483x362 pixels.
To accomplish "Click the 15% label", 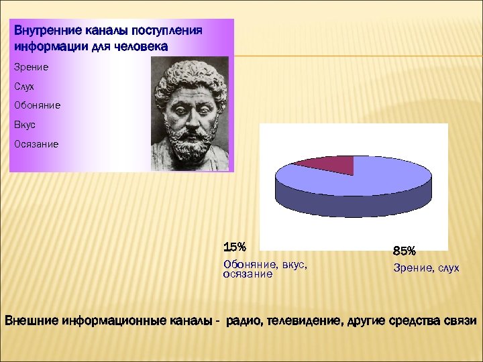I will pos(235,247).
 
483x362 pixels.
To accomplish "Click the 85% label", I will pos(405,251).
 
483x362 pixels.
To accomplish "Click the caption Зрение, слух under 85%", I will pos(426,268).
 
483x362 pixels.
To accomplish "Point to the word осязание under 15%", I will pos(248,274).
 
